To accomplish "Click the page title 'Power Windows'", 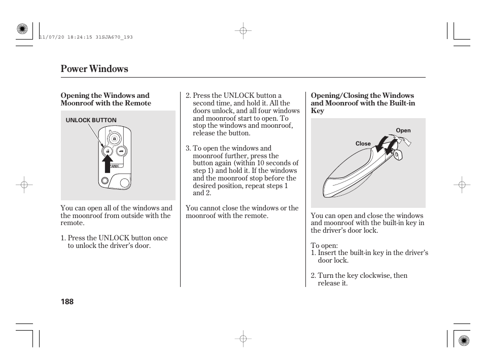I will coord(94,69).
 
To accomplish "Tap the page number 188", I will coord(67,302).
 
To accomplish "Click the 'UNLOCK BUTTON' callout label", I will coord(91,120).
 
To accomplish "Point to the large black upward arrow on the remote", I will coord(108,165).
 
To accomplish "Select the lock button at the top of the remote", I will coord(115,138).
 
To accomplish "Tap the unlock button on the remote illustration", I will coord(108,151).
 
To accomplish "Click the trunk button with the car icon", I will coord(121,151).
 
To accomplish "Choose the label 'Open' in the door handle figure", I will coord(403,130).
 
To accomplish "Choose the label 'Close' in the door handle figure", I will coord(363,143).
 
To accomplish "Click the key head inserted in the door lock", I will coord(397,155).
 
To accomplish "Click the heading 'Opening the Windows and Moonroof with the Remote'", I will coord(106,99).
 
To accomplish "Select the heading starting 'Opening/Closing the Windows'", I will coord(362,103).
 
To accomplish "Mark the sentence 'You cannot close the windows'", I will coord(242,212).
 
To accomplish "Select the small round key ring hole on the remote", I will coord(105,181).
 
